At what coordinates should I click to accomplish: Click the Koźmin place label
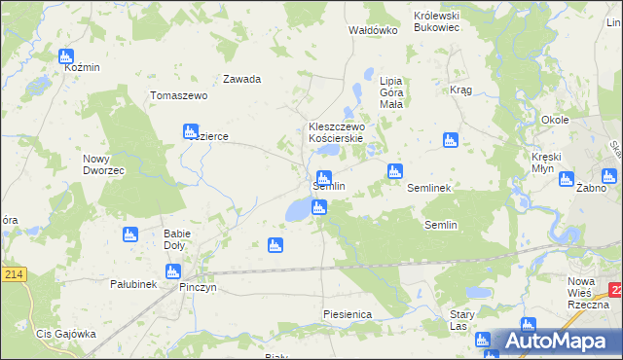tap(82, 69)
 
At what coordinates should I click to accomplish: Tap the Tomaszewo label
tap(179, 95)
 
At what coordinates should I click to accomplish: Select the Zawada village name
tap(241, 79)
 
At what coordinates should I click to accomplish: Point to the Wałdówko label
tap(374, 30)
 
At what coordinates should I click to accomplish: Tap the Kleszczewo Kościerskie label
tap(336, 132)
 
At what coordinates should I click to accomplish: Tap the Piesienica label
tap(348, 314)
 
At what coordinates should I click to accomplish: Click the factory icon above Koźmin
tap(66, 56)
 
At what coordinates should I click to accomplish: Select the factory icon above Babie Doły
tap(129, 234)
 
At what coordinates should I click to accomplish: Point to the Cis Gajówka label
tap(65, 334)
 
